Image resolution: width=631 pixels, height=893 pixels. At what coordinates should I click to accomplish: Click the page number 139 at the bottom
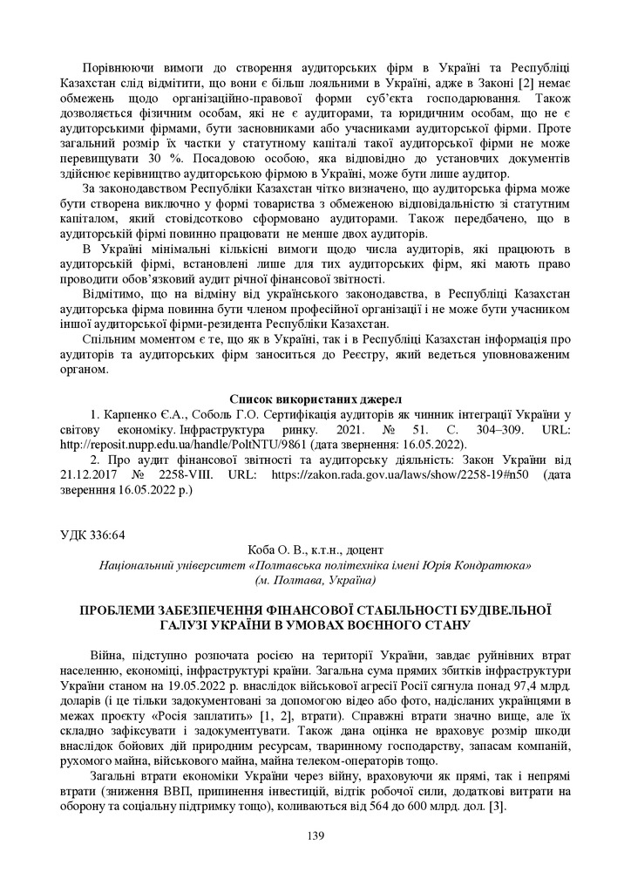[x=315, y=836]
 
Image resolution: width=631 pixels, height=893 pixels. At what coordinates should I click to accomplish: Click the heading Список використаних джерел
[x=315, y=400]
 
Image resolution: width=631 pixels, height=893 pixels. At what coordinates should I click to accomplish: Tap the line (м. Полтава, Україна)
[x=315, y=579]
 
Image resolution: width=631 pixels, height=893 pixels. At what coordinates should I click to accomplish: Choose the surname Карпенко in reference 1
[x=135, y=415]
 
